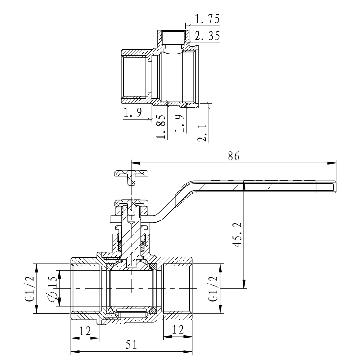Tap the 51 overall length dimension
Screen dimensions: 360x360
pyautogui.click(x=131, y=344)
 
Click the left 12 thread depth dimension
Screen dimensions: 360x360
pyautogui.click(x=85, y=330)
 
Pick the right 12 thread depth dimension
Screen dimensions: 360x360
pyautogui.click(x=177, y=330)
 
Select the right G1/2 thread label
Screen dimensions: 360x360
pyautogui.click(x=213, y=288)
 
